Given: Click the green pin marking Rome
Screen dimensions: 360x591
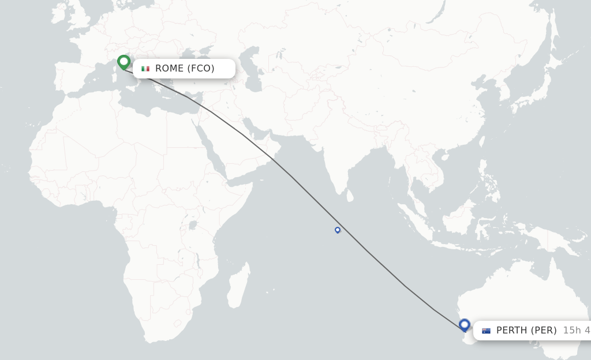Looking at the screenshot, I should (x=124, y=61).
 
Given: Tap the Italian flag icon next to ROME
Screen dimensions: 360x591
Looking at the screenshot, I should (x=145, y=69).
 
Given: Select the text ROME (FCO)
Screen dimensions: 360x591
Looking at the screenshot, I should (x=185, y=69).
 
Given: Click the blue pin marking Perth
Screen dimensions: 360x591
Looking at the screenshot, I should (x=465, y=325).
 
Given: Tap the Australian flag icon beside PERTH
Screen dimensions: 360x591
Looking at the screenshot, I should (x=486, y=331).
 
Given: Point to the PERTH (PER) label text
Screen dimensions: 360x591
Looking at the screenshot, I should (x=526, y=331).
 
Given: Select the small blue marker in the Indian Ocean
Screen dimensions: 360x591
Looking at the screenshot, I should (x=338, y=230).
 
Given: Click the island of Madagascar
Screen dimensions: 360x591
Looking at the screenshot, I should (x=238, y=286).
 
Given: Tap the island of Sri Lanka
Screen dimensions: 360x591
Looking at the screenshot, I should (x=350, y=196).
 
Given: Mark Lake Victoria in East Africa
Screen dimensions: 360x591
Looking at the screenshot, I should (x=192, y=225).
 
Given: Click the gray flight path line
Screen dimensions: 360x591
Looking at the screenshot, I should (x=312, y=196).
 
